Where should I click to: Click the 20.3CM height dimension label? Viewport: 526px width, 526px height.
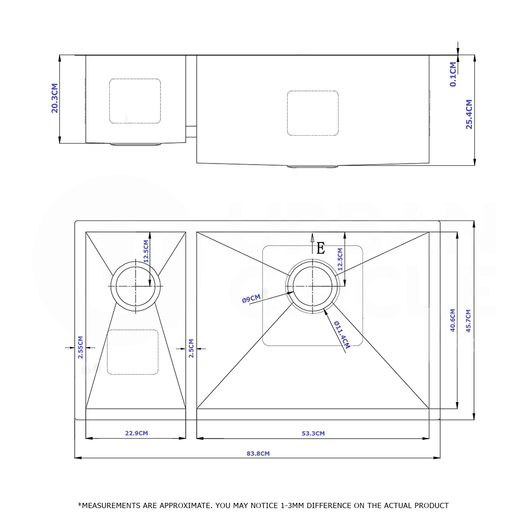tap(55, 98)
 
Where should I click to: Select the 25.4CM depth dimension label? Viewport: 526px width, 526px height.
tap(469, 114)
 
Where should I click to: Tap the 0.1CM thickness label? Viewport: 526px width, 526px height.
tap(453, 74)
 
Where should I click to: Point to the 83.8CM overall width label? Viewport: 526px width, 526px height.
tap(258, 453)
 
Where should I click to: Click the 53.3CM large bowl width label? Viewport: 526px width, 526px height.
tap(313, 433)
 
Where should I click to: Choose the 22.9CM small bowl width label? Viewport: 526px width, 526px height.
tap(136, 433)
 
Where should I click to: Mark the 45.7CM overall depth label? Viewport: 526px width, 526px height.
tap(468, 321)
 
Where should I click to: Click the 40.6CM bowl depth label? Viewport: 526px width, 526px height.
tap(452, 320)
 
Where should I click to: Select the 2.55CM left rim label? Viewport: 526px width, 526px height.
tap(80, 347)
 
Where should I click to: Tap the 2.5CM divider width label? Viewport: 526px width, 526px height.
tap(191, 348)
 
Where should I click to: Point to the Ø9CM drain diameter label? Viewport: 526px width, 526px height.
tap(251, 299)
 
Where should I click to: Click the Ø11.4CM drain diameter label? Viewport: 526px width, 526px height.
tap(342, 335)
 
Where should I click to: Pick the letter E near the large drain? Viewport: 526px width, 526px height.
tap(321, 249)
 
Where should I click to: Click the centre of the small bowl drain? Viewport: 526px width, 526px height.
tap(136, 286)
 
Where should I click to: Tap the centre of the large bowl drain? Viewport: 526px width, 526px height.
tap(312, 286)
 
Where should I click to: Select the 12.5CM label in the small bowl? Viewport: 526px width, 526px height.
tap(146, 251)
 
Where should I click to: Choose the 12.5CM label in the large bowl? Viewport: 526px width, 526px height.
tap(340, 259)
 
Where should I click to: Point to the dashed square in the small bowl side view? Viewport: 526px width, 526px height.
tap(135, 101)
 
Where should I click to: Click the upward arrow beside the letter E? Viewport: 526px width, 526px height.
tap(312, 244)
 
